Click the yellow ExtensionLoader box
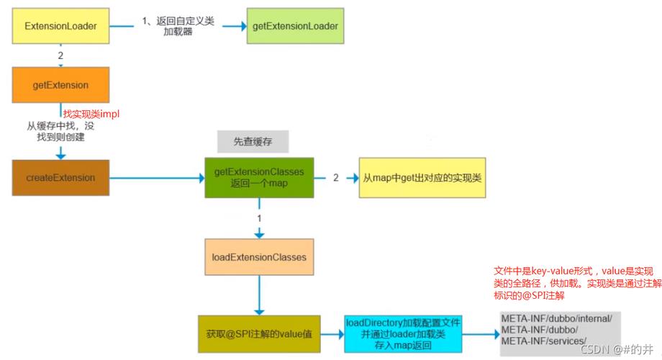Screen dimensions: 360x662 pos(60,26)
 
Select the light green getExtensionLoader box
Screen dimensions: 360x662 pos(294,26)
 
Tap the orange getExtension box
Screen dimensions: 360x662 pos(60,85)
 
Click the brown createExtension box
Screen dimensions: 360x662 pos(60,177)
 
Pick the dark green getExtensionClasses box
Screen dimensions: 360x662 pos(259,178)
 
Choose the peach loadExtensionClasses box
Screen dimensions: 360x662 pos(259,256)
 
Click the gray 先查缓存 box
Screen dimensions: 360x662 pos(252,140)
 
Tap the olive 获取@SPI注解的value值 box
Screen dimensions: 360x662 pos(258,334)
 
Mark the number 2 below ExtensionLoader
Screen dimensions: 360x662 pos(60,55)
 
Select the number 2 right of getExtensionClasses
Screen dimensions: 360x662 pos(335,176)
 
